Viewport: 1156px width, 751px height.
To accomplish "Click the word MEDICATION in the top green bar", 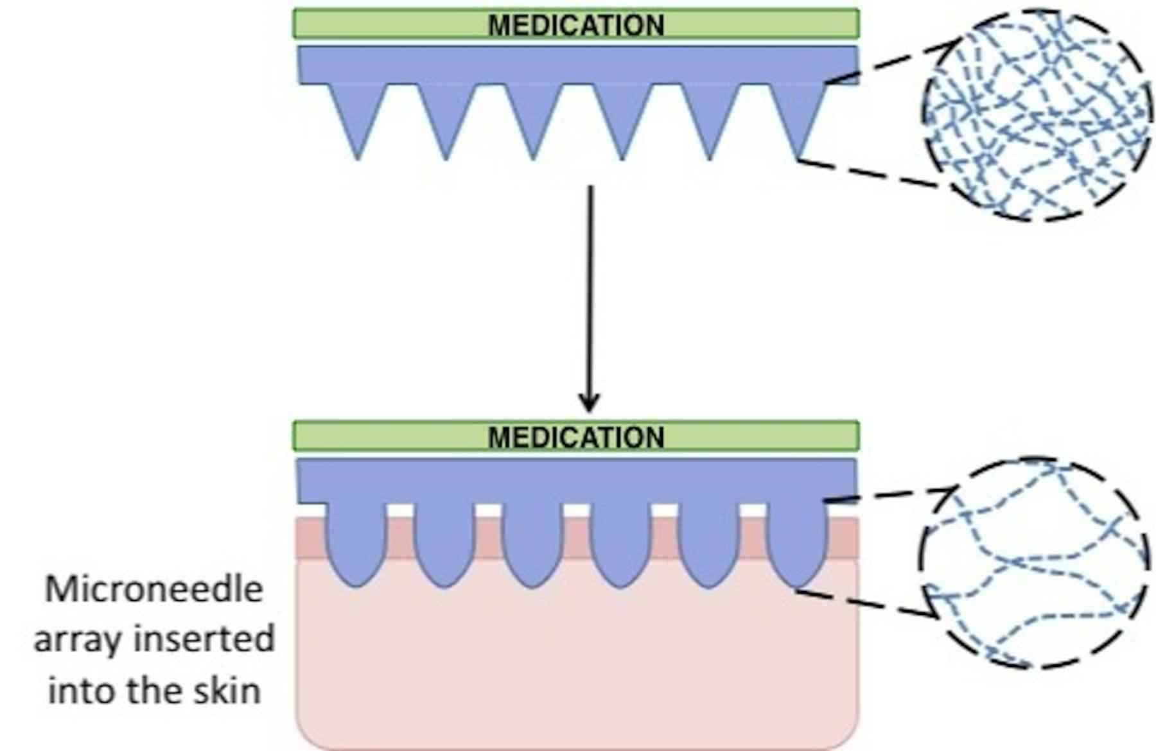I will [576, 26].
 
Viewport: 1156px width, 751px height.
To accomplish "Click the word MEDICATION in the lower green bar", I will [576, 438].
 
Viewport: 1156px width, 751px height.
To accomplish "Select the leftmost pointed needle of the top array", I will [358, 116].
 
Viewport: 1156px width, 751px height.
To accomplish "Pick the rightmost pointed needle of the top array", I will [798, 116].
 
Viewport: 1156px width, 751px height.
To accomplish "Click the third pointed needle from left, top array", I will [533, 116].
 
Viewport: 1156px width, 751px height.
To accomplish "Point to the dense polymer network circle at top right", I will [1035, 116].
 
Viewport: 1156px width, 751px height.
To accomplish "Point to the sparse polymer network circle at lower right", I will [1033, 564].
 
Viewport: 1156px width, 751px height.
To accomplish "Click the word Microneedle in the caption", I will [154, 589].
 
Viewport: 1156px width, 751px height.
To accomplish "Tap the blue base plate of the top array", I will [578, 64].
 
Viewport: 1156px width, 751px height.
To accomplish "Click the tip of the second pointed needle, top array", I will [446, 156].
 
